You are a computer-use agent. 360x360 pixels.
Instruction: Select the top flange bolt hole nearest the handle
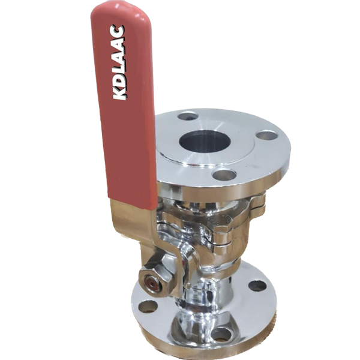click(x=188, y=116)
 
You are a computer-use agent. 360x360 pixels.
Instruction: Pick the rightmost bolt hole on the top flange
click(x=266, y=135)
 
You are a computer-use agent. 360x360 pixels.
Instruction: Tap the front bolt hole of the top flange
click(x=224, y=175)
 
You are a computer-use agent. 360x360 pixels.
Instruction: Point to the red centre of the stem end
click(x=153, y=280)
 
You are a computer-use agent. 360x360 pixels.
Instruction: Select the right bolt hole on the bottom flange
click(x=257, y=285)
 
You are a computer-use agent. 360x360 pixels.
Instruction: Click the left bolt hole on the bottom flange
click(x=148, y=306)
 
